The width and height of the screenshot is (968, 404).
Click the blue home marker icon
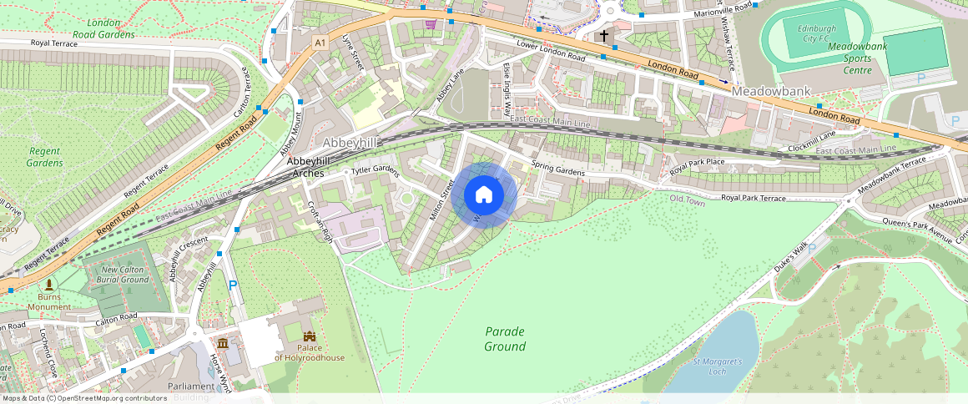pyautogui.click(x=484, y=196)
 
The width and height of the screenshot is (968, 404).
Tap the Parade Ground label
pyautogui.click(x=505, y=339)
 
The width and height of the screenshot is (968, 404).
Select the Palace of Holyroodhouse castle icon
pyautogui.click(x=310, y=337)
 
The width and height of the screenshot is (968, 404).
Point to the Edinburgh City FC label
pyautogui.click(x=798, y=33)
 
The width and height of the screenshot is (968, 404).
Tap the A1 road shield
pyautogui.click(x=320, y=41)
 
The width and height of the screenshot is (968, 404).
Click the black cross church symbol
pyautogui.click(x=604, y=36)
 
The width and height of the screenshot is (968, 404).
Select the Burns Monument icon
pyautogui.click(x=49, y=285)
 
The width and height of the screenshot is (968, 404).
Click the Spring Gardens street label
pyautogui.click(x=558, y=169)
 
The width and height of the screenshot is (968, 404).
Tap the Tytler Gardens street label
pyautogui.click(x=376, y=171)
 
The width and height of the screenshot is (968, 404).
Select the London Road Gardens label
pyautogui.click(x=103, y=28)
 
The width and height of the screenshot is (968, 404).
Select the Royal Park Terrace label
pyautogui.click(x=753, y=198)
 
